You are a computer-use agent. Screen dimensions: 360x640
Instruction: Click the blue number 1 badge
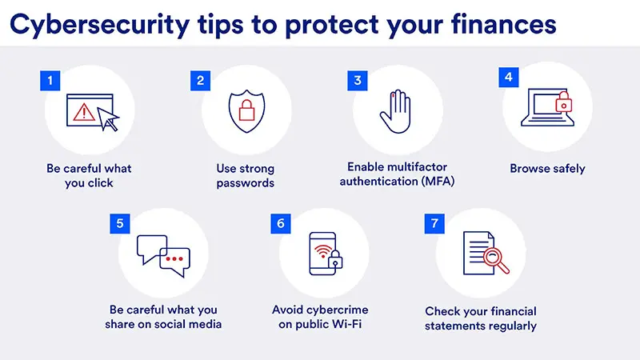click(x=50, y=80)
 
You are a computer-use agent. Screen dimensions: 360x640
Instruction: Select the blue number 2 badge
click(x=199, y=80)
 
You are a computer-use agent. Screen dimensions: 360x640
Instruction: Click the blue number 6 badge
click(x=280, y=222)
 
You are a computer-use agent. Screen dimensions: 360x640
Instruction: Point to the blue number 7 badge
click(x=434, y=222)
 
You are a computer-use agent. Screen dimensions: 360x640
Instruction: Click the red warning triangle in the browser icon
click(x=83, y=113)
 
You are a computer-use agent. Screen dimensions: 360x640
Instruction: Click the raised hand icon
click(x=395, y=111)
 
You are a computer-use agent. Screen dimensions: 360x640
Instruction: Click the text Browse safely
click(x=547, y=169)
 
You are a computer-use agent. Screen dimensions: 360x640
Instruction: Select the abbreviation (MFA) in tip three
click(x=433, y=182)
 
